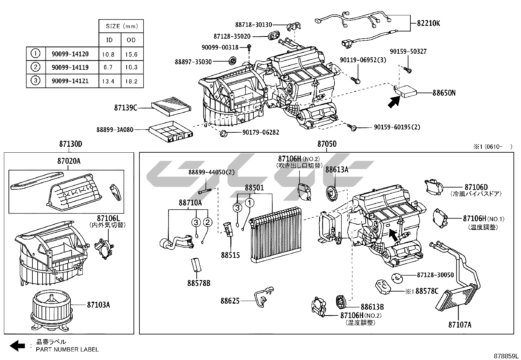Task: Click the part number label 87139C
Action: (126, 107)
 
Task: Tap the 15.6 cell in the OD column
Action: (131, 54)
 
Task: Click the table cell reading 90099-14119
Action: (70, 67)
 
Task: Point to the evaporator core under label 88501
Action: (275, 235)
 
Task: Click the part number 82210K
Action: (428, 23)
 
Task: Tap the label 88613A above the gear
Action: (337, 170)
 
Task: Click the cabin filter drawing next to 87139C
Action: (171, 107)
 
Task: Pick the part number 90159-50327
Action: (408, 52)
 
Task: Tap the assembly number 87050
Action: (327, 144)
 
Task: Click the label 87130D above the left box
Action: (70, 144)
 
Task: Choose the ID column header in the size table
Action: (109, 40)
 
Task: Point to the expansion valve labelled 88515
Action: (226, 228)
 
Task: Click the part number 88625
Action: (230, 301)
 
